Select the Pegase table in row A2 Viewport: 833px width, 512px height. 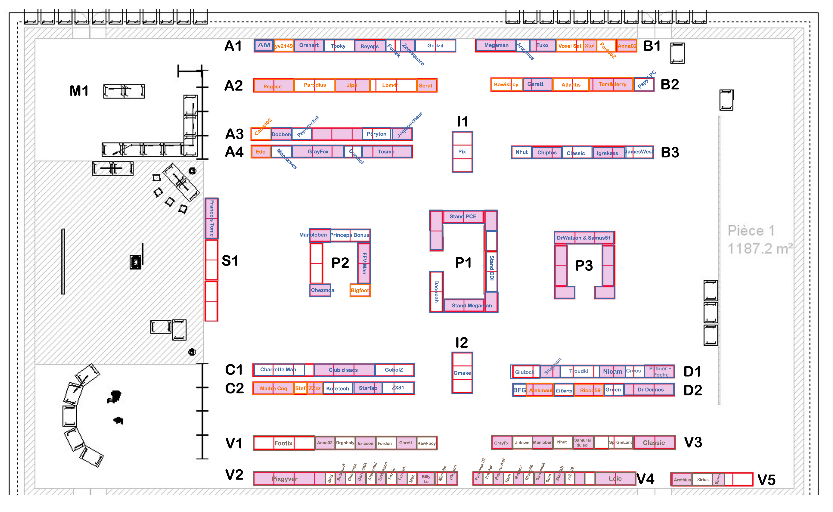point(273,86)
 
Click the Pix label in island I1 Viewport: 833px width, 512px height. point(462,152)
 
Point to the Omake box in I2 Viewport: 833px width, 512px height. point(462,373)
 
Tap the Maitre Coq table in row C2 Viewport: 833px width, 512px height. point(273,389)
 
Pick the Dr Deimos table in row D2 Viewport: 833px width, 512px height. point(650,390)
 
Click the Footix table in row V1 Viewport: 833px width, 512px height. point(283,443)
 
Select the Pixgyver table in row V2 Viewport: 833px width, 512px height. point(285,479)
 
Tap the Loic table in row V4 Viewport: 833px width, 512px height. point(615,479)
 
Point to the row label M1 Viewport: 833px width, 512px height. point(79,91)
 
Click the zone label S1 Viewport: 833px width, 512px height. point(230,261)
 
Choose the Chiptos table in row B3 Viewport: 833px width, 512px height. point(547,152)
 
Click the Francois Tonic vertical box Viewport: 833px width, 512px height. point(211,218)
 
